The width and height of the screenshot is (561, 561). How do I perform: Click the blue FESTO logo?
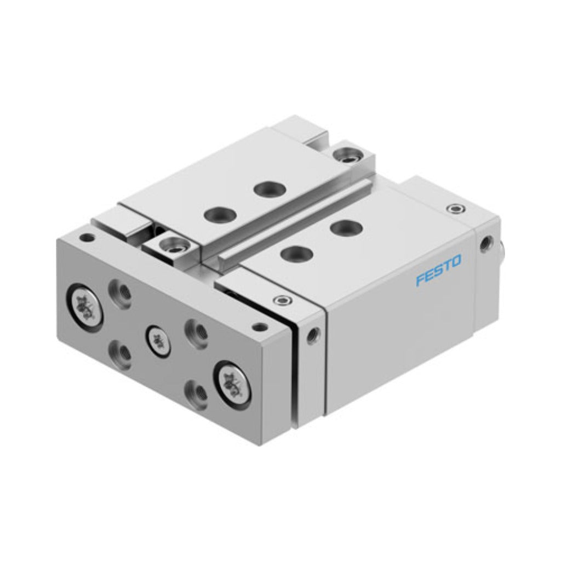(x=438, y=270)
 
